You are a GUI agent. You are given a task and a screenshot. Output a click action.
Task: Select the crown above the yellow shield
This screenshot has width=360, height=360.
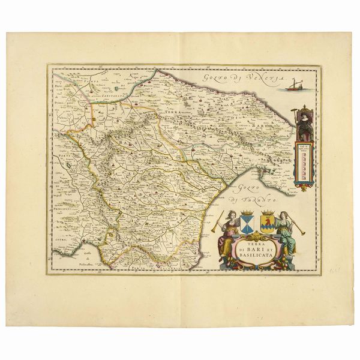[x=267, y=212]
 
